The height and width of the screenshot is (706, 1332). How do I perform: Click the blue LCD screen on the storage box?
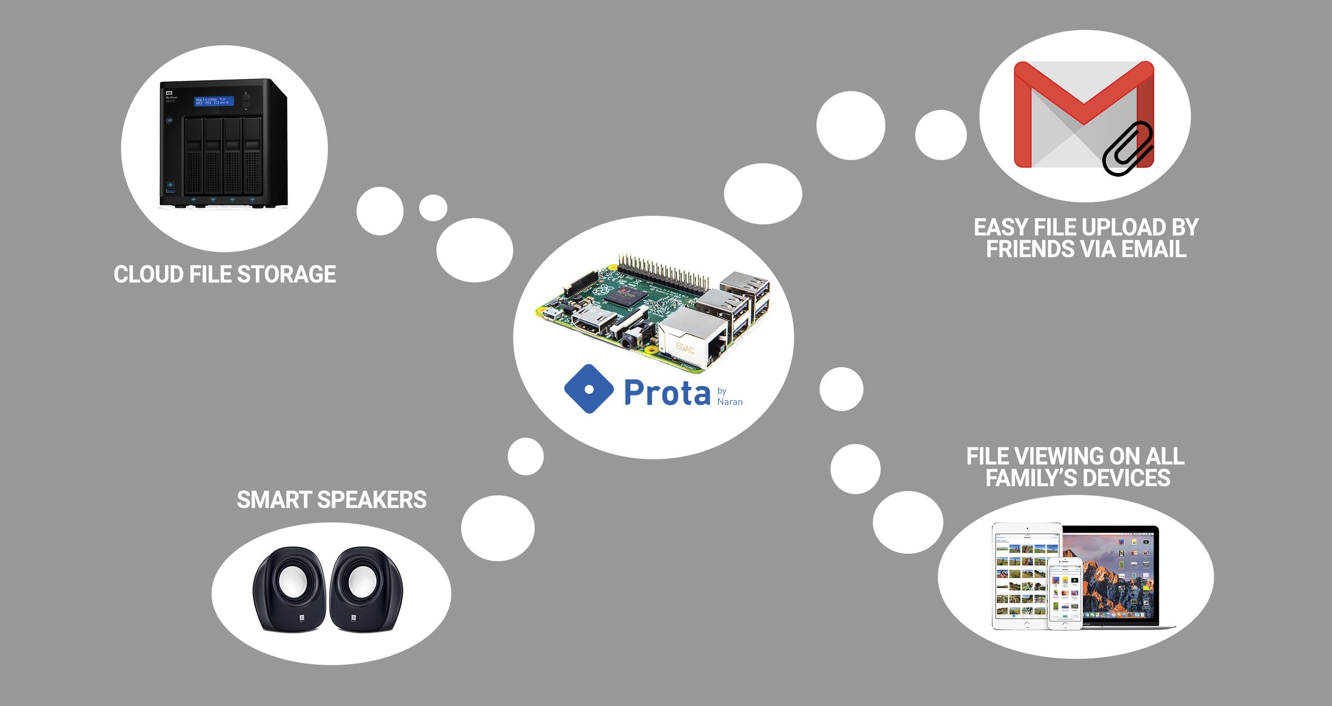click(214, 101)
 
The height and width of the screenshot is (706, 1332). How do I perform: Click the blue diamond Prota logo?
click(589, 389)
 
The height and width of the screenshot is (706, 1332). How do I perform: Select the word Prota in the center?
click(667, 393)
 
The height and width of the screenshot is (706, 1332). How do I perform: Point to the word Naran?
click(730, 402)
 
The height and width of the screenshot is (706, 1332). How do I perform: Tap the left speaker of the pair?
click(289, 589)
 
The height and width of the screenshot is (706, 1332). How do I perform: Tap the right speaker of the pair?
click(366, 589)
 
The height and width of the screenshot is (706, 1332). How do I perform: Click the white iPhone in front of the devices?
click(1064, 593)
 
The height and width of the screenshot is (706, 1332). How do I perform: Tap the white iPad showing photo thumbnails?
click(1021, 575)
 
